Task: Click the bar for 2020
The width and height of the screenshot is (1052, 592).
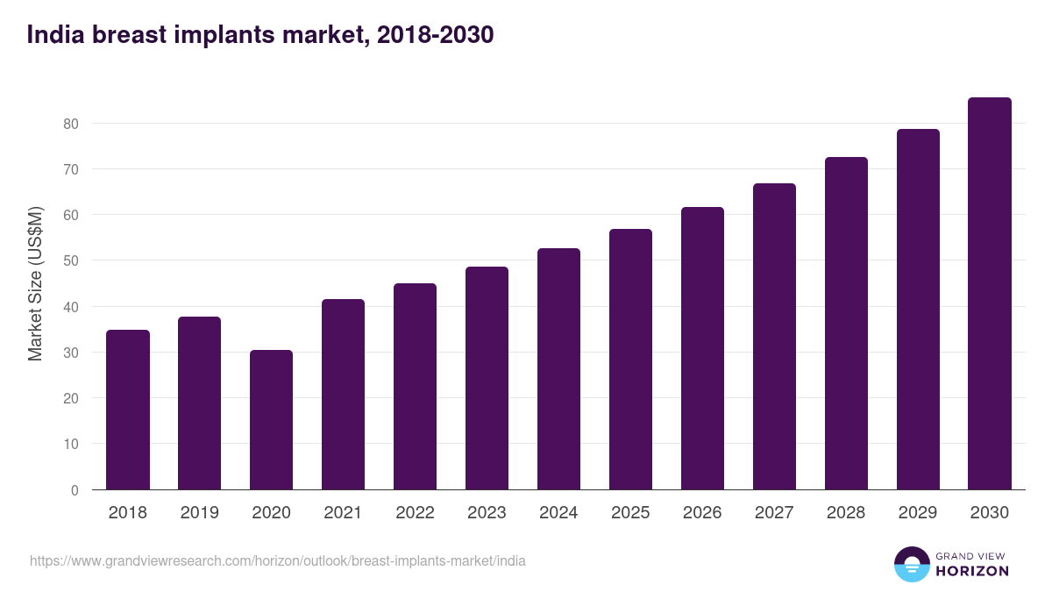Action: coord(271,420)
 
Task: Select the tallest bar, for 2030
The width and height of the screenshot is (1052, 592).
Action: coord(990,294)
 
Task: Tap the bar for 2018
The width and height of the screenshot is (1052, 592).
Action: coord(127,410)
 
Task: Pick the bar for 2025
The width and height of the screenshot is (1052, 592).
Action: coord(630,360)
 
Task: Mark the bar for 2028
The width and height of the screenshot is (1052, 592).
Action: coord(846,324)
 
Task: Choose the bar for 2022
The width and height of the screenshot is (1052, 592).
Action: coord(415,387)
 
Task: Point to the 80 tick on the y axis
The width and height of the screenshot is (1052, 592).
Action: coord(71,124)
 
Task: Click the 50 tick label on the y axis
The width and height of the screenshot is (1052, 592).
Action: coord(71,261)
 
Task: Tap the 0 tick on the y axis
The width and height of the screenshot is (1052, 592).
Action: coord(75,490)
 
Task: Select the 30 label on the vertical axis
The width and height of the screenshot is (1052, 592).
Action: coord(71,353)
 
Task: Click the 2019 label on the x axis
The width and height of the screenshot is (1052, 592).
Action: coord(199,513)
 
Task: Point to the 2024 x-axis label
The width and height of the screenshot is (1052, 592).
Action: coord(558,513)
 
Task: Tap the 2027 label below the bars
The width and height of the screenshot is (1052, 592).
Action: coord(774,513)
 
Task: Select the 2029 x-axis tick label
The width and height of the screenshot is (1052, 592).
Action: coord(918,513)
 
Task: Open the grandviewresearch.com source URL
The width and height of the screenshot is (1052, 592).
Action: coord(278,560)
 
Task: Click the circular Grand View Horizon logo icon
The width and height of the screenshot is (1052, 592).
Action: coord(911,564)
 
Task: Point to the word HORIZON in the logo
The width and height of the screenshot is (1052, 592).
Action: coord(972,571)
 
